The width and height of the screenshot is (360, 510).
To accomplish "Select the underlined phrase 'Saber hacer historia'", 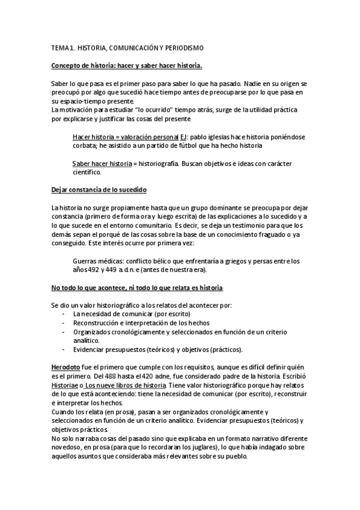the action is [102, 163].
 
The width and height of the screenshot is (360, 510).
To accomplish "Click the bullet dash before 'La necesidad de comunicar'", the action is [64, 314].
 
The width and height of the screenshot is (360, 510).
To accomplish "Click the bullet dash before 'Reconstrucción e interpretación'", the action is [64, 323].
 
